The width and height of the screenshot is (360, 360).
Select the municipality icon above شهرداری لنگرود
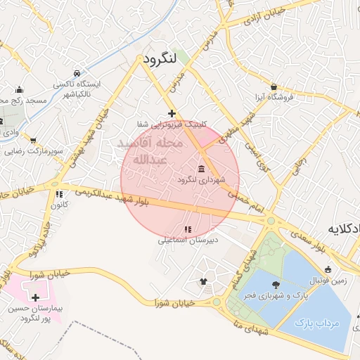pyautogui.click(x=202, y=169)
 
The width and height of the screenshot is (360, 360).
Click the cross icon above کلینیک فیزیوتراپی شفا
pyautogui.click(x=172, y=113)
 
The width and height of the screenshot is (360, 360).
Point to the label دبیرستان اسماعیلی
pyautogui.click(x=188, y=240)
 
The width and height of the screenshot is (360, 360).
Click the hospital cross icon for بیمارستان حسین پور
pyautogui.click(x=36, y=298)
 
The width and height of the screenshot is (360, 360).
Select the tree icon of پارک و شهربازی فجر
pyautogui.click(x=275, y=284)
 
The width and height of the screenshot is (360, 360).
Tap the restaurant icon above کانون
pyautogui.click(x=59, y=194)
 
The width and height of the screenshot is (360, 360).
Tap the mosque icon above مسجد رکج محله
pyautogui.click(x=19, y=90)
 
